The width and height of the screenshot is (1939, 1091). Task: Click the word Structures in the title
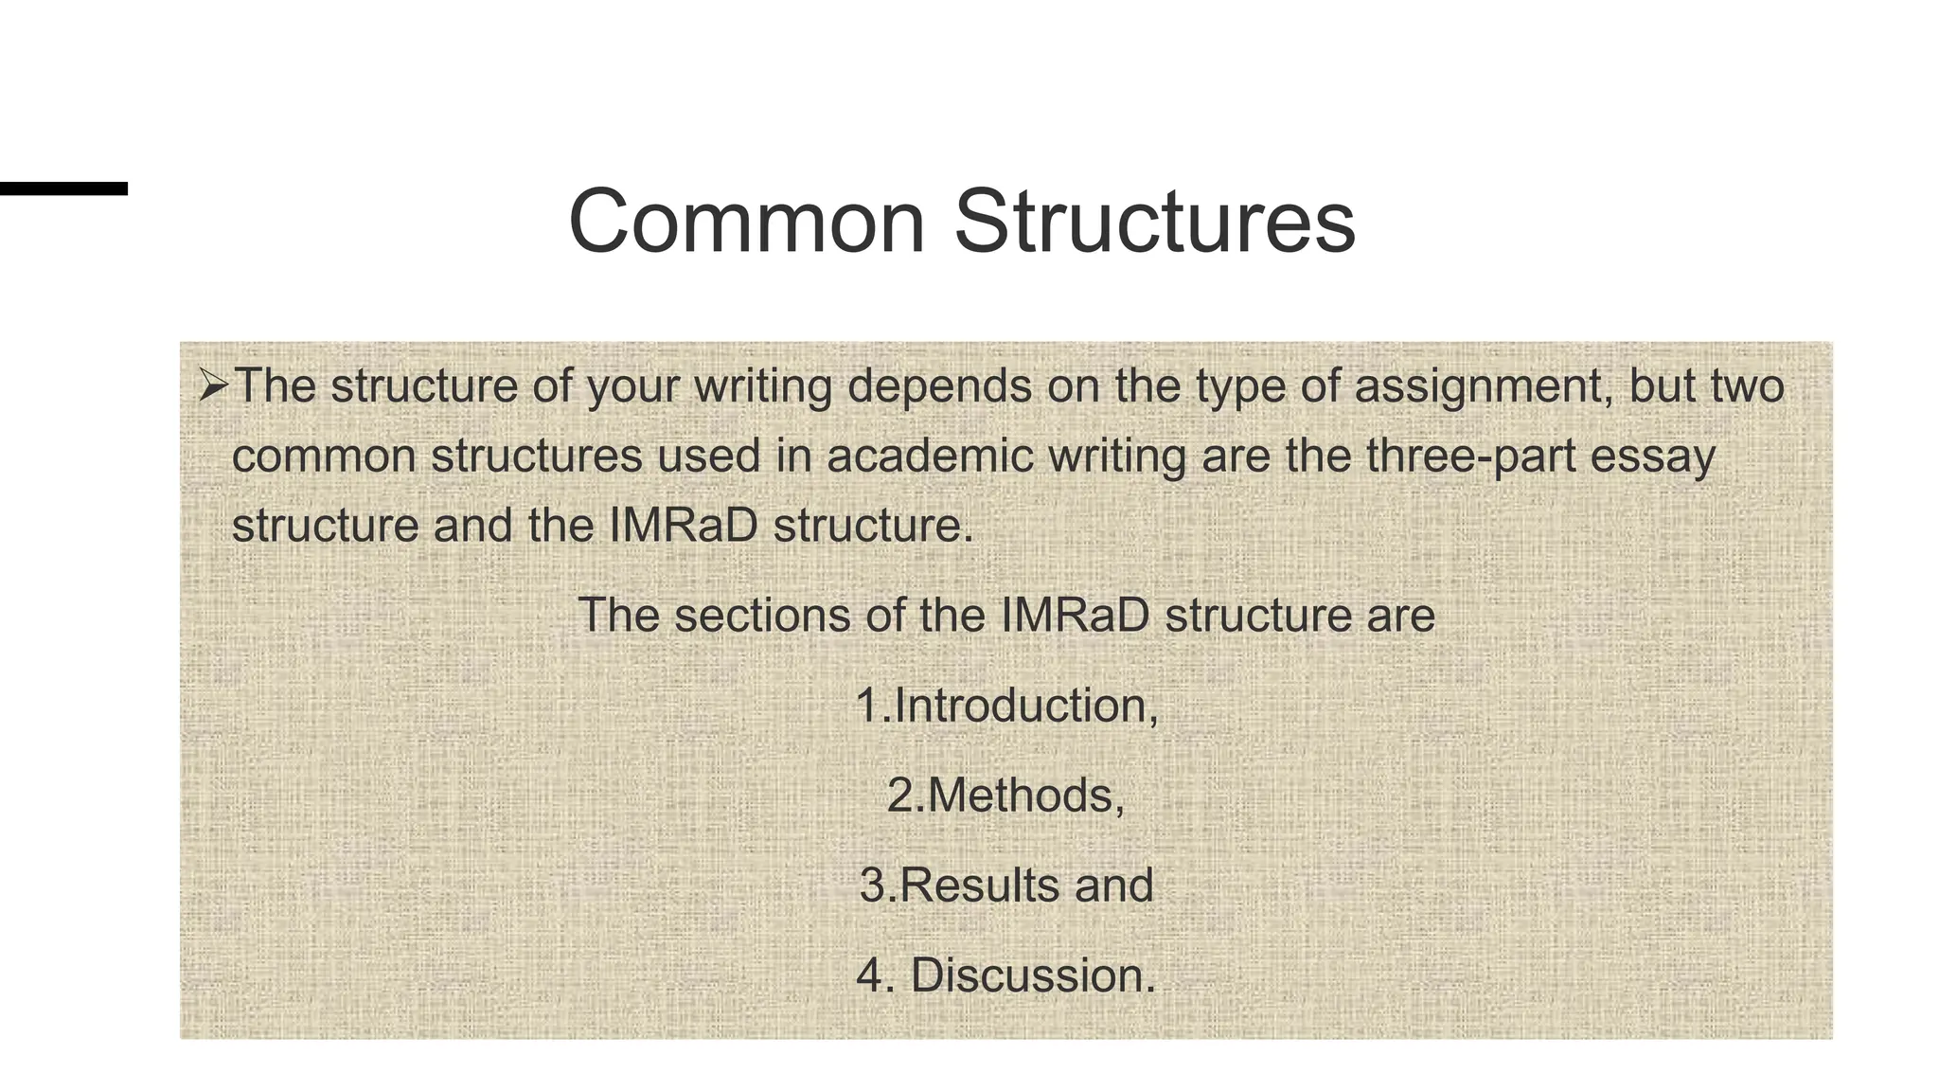1154,222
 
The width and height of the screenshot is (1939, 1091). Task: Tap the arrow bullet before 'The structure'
213,385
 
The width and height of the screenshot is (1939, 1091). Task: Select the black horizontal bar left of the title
62,188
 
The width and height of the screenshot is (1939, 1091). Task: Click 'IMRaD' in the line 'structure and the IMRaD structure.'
683,526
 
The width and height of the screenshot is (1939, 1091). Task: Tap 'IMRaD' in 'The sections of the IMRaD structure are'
1074,616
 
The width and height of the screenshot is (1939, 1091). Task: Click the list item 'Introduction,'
1026,706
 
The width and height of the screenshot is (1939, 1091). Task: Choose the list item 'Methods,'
1025,796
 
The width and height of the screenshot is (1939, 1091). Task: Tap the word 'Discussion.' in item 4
1033,975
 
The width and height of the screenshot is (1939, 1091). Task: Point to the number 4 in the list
869,975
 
